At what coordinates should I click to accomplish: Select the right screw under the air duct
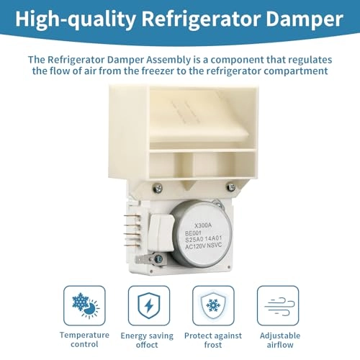pos(230,187)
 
